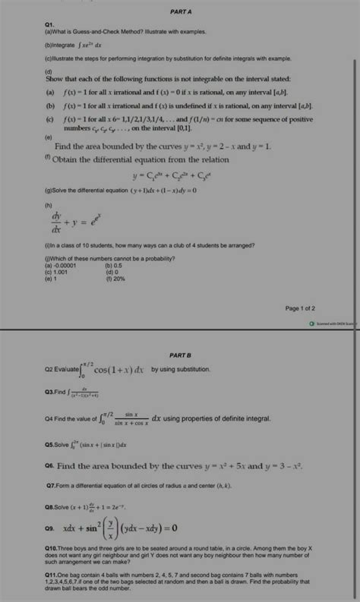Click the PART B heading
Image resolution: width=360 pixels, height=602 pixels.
pos(181,355)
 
